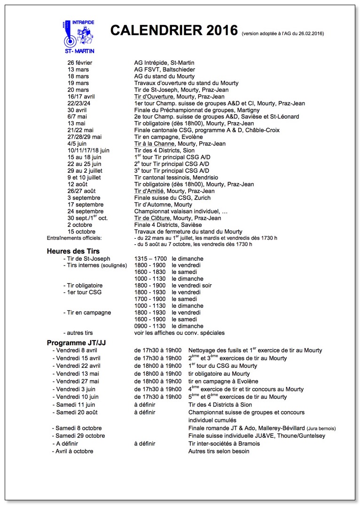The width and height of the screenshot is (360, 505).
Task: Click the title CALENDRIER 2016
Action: coord(174,31)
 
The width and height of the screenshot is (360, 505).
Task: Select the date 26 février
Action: coord(80,63)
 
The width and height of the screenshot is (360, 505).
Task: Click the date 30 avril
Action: coord(78,110)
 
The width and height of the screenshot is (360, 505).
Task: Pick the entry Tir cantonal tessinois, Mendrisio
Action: coord(180,178)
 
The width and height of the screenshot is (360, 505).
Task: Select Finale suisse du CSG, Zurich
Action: coord(172,198)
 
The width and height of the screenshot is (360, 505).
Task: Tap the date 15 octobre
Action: coord(81,232)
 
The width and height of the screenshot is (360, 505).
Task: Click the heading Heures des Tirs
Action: coord(73,251)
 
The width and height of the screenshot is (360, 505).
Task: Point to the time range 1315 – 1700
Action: coord(150,259)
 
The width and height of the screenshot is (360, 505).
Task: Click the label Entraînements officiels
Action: coord(78,238)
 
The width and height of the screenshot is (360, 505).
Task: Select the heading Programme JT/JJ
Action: coord(76,342)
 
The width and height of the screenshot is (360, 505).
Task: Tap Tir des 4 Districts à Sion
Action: coord(220,404)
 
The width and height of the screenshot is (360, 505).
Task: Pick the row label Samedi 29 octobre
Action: coord(80,436)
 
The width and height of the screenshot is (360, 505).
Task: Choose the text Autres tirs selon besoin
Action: coord(219,451)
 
